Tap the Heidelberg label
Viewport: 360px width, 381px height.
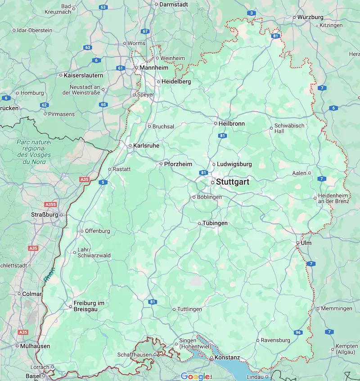[x=176, y=82]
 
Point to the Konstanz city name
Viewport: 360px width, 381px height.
[x=227, y=358]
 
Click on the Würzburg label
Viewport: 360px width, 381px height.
[x=310, y=17]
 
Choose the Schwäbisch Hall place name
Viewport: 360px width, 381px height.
[x=289, y=128]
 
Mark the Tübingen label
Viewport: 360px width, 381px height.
[x=215, y=223]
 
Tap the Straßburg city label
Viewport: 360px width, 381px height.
[x=45, y=215]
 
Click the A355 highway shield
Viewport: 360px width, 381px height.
[x=51, y=204]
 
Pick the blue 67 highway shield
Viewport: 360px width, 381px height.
[x=145, y=32]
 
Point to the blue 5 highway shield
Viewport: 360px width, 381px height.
[x=104, y=182]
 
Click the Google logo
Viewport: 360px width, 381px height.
[x=195, y=376]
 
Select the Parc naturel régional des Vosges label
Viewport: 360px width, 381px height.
[x=34, y=151]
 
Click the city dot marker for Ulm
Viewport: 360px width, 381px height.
[x=298, y=243]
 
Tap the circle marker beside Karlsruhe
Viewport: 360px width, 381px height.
[x=130, y=146]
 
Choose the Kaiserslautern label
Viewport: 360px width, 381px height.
[x=83, y=75]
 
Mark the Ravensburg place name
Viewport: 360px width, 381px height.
[x=275, y=340]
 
